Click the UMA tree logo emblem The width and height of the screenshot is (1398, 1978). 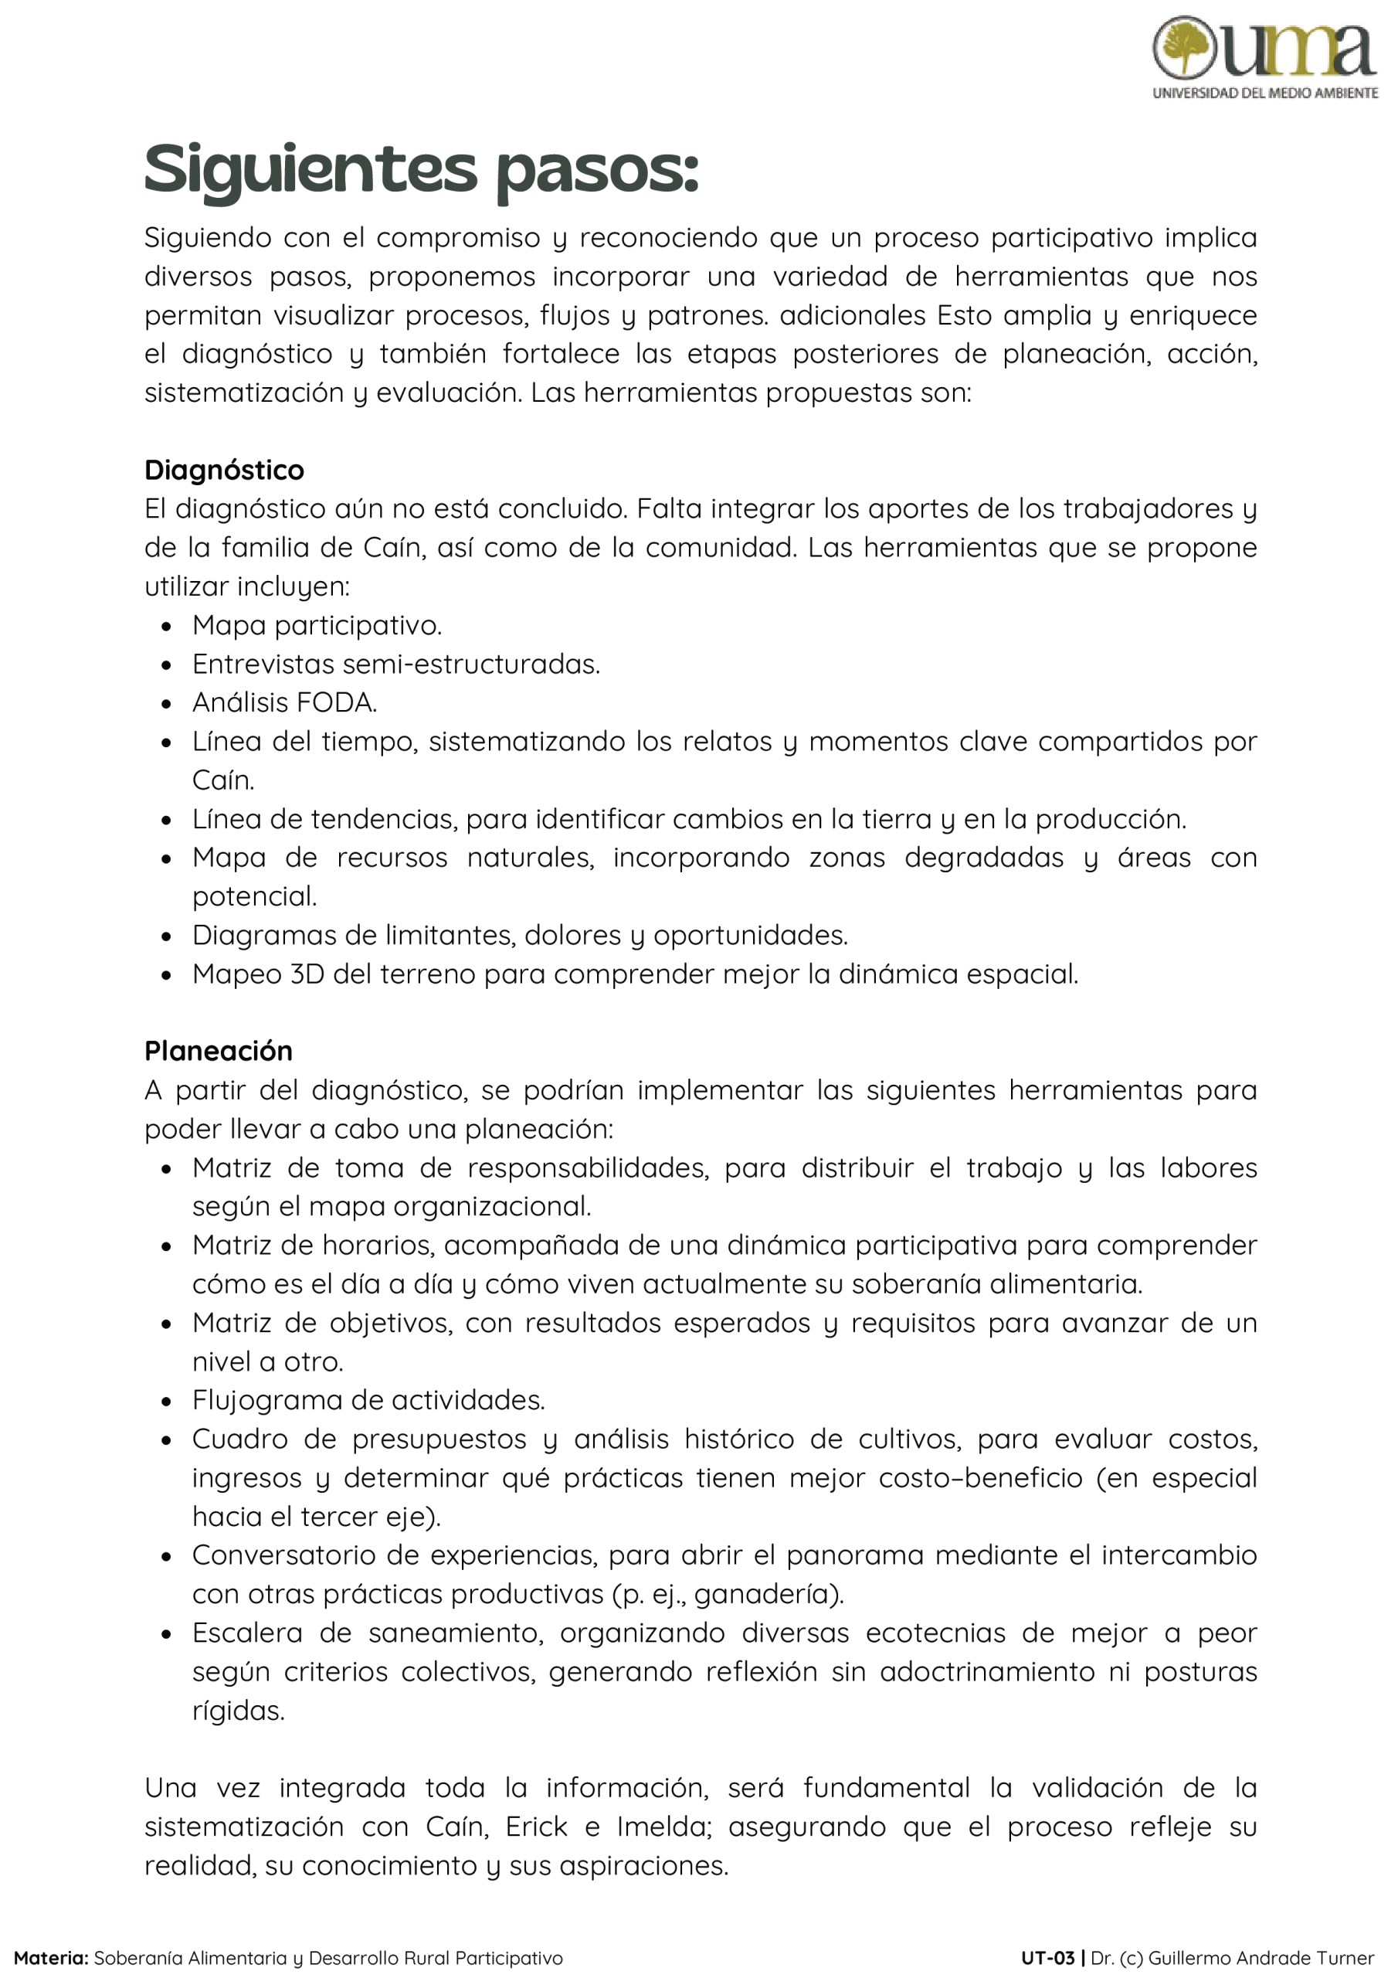(x=1184, y=47)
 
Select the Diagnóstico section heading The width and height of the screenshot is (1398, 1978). (x=224, y=470)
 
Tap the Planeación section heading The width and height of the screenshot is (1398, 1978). (x=218, y=1050)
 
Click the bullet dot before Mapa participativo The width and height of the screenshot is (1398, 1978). (x=166, y=627)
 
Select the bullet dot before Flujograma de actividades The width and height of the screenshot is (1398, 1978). (x=166, y=1402)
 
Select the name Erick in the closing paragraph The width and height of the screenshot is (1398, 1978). (x=536, y=1827)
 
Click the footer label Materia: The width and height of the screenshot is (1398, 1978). (x=51, y=1957)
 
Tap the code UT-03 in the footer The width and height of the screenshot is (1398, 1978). (x=1047, y=1957)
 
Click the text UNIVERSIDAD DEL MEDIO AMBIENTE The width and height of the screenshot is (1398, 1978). (x=1265, y=93)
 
